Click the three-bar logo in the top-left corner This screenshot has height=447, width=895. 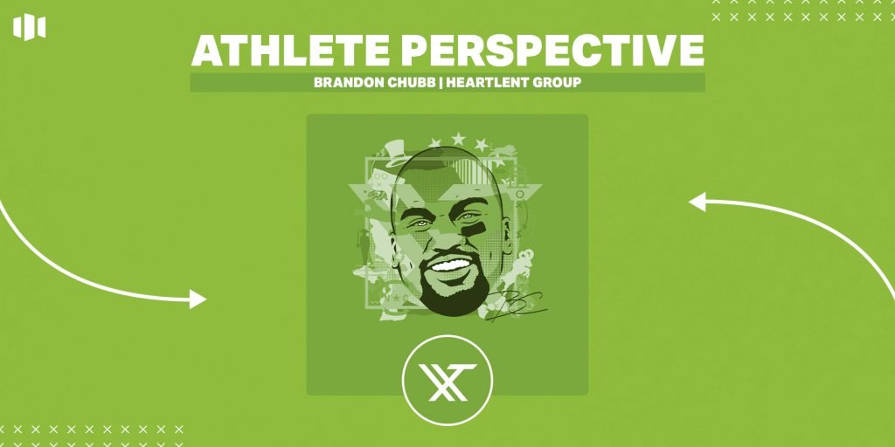coord(29,28)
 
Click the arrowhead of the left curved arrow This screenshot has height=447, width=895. coord(198,299)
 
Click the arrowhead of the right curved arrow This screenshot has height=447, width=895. coord(697,203)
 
